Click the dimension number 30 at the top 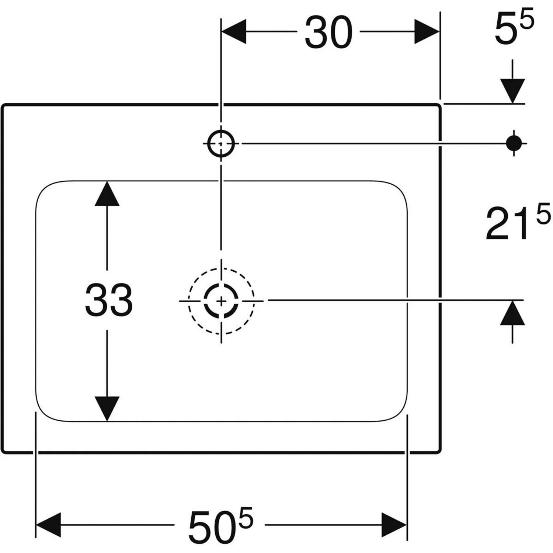(328, 32)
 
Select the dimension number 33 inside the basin (109, 300)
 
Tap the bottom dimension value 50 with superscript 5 (220, 525)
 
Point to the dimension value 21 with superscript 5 (518, 222)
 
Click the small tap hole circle (221, 143)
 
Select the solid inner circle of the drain (221, 301)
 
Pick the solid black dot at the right (514, 143)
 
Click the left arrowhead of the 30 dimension (234, 32)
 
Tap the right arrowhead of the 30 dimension (427, 32)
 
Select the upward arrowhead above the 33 (107, 194)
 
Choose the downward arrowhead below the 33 (107, 409)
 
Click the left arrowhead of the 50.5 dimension (48, 525)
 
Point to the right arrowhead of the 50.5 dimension (394, 525)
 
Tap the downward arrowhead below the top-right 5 (512, 91)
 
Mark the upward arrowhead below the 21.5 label (512, 313)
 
